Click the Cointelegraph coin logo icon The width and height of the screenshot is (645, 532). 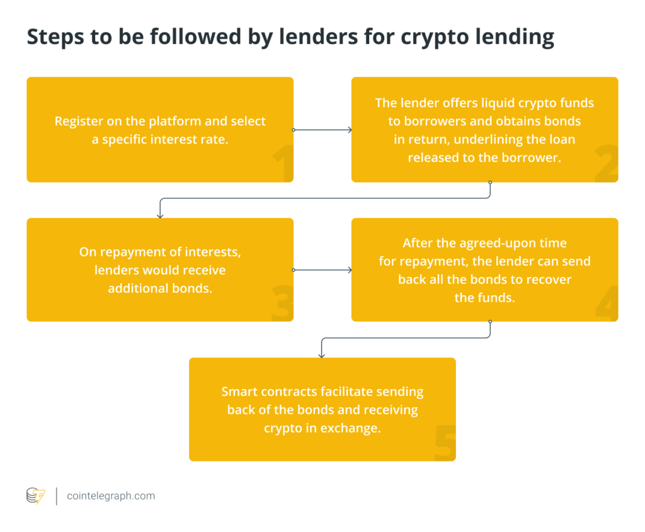[x=35, y=496]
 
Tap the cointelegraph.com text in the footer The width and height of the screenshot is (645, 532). [x=111, y=496]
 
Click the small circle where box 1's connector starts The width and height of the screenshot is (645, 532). [x=294, y=130]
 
